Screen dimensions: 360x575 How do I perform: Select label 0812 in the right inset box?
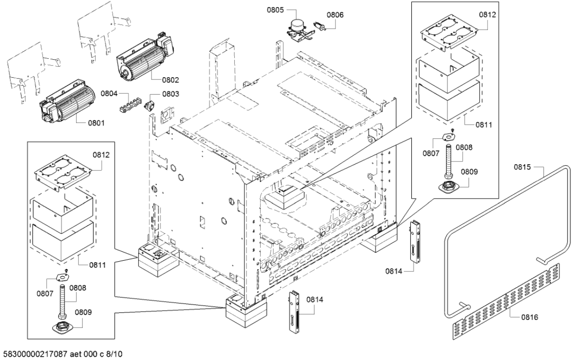coord(487,15)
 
